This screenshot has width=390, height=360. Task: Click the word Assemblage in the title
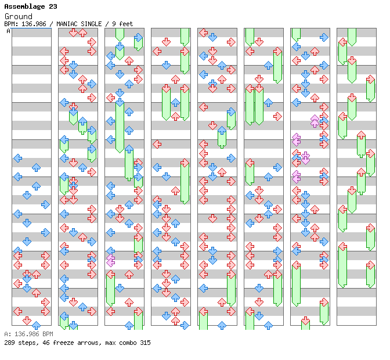[x=24, y=7]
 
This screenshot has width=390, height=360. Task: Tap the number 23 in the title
[x=53, y=7]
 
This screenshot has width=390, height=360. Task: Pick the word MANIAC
[x=67, y=24]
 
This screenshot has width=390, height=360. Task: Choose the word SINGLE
[x=92, y=24]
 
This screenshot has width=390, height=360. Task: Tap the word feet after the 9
[x=125, y=24]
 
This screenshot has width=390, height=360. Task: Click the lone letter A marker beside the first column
[x=8, y=31]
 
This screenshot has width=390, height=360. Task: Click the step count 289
[x=9, y=343]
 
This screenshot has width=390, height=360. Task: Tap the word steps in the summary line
[x=27, y=343]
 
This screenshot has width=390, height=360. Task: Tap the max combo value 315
[x=145, y=343]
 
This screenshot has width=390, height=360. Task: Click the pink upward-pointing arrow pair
[x=315, y=121]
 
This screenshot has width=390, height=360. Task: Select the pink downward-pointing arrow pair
[x=305, y=158]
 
